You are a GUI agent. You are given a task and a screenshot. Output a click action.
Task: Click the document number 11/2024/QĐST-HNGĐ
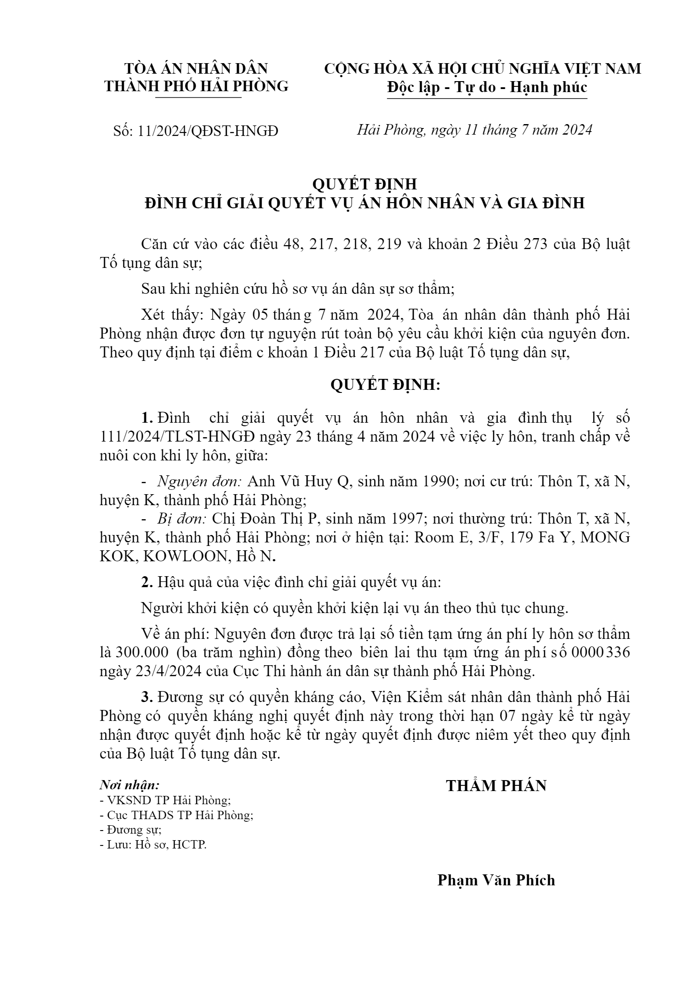point(208,131)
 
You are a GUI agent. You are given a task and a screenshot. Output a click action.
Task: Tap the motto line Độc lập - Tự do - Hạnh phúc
point(487,87)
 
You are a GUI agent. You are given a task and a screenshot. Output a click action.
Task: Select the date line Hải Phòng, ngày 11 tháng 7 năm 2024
point(474,130)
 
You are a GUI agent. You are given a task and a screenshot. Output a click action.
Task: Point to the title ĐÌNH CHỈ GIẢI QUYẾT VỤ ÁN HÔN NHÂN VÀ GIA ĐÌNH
point(365,203)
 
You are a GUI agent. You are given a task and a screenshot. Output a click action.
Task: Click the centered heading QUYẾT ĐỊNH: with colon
point(385,385)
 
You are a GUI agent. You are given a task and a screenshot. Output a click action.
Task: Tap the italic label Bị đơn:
point(182,519)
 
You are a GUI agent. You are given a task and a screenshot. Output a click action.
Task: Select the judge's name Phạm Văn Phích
point(496,880)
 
